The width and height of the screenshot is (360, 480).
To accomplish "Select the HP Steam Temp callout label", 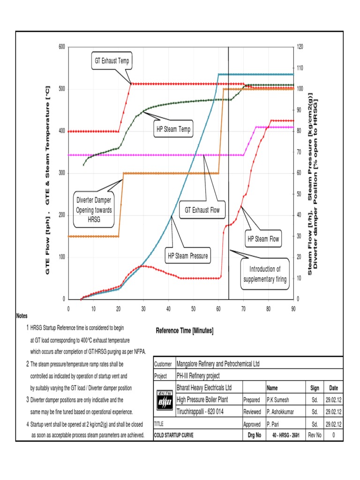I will point(173,129).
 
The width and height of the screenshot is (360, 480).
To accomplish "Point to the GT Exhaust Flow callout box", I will point(202,210).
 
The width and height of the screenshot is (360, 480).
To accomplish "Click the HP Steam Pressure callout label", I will point(188,256).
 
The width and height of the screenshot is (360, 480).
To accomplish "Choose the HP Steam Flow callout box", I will point(263,239).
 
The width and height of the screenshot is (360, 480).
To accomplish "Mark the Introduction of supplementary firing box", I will point(264,274).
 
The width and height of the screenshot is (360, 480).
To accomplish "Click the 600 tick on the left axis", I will point(62,47).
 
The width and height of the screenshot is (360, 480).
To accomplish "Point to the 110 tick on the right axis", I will point(300,68).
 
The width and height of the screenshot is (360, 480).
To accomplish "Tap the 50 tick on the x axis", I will point(193,309).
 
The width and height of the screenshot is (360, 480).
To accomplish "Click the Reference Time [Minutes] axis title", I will point(184,331).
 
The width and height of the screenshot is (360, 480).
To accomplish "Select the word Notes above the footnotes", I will point(22,317).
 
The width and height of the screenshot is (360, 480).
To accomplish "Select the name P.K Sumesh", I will point(278,400).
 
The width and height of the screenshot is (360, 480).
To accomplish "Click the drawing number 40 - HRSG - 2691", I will point(285,435).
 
